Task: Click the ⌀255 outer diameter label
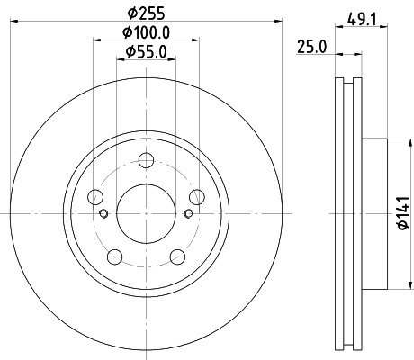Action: pyautogui.click(x=146, y=13)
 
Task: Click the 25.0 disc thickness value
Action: pyautogui.click(x=311, y=47)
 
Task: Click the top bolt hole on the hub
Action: pyautogui.click(x=147, y=160)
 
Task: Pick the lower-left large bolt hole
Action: pyautogui.click(x=115, y=257)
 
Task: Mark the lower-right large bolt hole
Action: pyautogui.click(x=178, y=257)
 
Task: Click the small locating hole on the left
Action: pyautogui.click(x=103, y=213)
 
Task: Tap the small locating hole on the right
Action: pyautogui.click(x=188, y=213)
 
